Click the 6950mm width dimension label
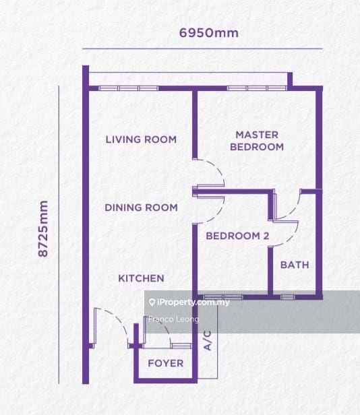209,33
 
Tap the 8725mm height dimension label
43,228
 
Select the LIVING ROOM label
141,139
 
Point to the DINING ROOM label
141,207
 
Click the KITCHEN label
141,278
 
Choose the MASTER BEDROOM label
257,141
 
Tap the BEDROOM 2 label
237,236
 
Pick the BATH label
295,265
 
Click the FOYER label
166,363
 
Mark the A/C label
208,340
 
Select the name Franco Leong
173,319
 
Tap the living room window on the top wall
129,88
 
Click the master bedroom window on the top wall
257,88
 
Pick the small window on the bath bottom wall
287,297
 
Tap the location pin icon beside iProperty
152,302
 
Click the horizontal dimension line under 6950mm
202,49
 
